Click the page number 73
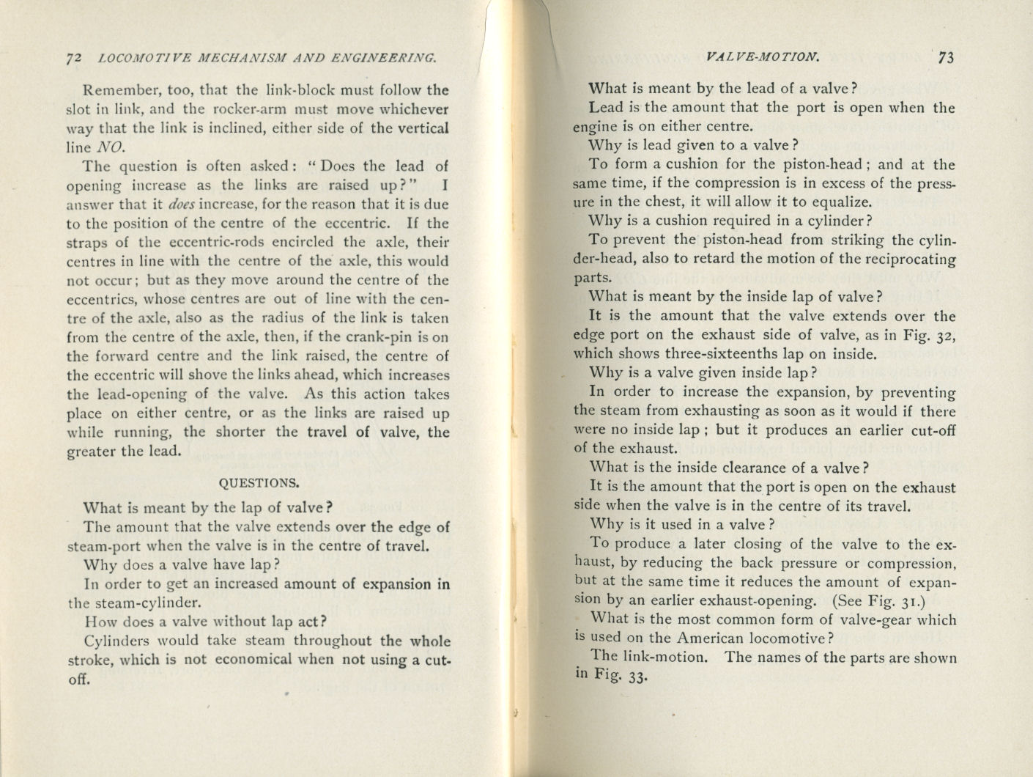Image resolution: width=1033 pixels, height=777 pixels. click(x=945, y=58)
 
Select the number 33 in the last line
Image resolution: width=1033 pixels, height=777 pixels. click(x=637, y=677)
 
